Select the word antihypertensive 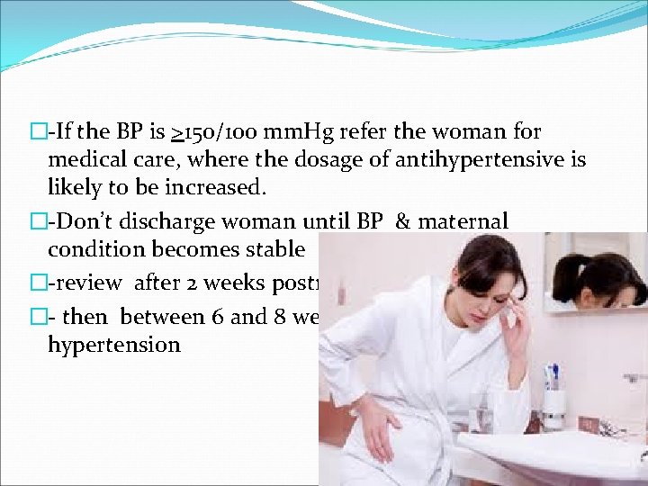[x=500, y=160]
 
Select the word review [x=88, y=283]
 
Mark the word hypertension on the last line [x=114, y=344]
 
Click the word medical [x=88, y=160]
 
